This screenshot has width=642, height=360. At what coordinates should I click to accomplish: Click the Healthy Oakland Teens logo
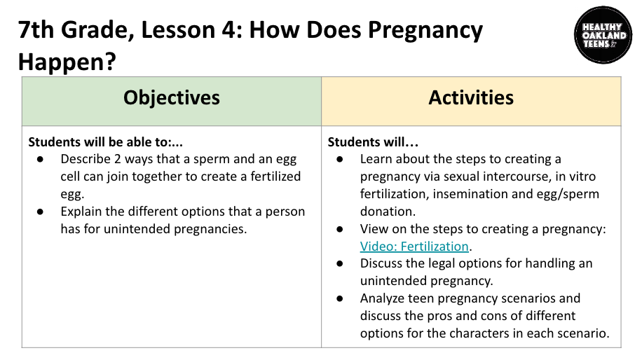pos(603,35)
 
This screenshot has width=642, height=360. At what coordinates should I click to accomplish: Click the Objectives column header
pos(172,98)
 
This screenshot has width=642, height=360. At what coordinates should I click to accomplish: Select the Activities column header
pos(471,98)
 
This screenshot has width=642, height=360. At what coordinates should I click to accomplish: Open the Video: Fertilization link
pos(414,247)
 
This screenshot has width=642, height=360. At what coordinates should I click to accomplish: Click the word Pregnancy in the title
pos(425,31)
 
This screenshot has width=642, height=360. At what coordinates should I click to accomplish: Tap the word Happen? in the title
pos(67,62)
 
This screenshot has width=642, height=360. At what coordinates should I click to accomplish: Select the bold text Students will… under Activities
pos(373,142)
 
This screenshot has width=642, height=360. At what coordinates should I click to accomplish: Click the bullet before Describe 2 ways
pos(40,159)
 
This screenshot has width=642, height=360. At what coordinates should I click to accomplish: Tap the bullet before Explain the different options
pos(40,212)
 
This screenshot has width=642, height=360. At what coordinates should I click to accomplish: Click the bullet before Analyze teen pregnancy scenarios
pos(340,298)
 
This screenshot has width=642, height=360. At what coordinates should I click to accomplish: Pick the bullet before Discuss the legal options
pos(340,264)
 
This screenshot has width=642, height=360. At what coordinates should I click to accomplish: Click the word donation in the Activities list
pos(388,212)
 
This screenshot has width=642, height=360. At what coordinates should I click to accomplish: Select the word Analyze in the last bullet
pos(383,299)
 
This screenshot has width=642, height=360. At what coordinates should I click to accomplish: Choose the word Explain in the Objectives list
pos(81,212)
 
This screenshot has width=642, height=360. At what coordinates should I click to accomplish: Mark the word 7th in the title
pos(36,30)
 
